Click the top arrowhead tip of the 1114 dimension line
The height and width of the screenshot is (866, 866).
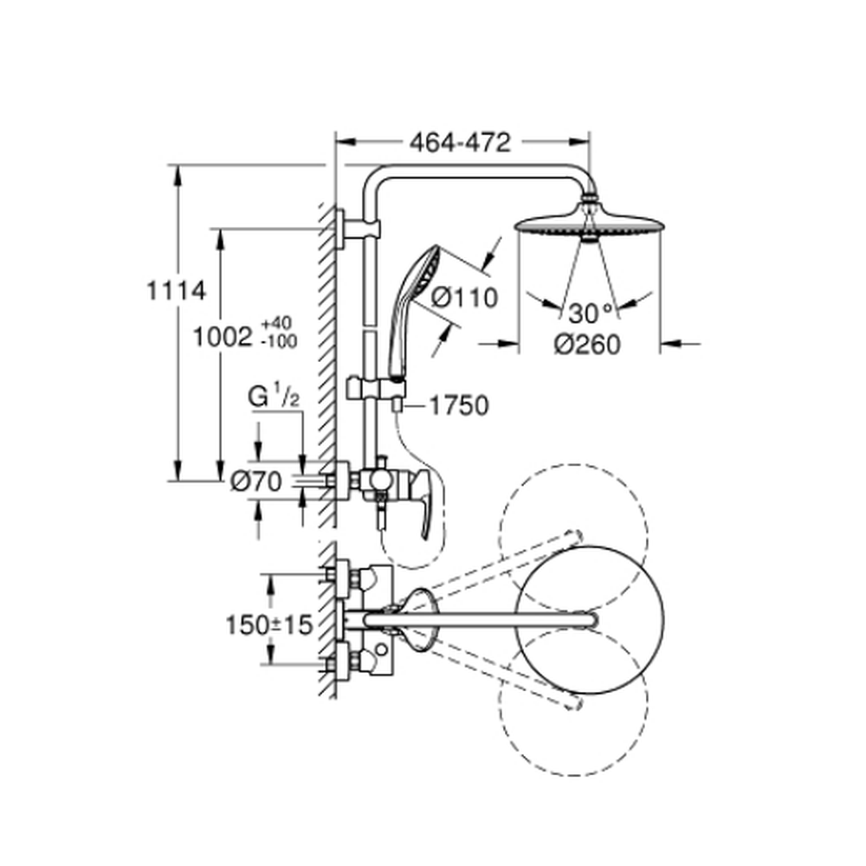point(178,165)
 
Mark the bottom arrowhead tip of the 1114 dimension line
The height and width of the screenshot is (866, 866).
point(178,481)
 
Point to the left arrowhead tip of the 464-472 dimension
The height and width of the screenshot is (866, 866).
point(336,143)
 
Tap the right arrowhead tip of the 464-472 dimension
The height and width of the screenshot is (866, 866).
point(589,143)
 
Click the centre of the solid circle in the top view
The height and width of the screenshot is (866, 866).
point(590,619)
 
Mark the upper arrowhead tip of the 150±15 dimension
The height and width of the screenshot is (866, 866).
point(270,574)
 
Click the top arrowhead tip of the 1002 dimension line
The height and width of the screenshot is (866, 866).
point(220,228)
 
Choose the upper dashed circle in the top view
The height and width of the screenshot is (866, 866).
point(574,539)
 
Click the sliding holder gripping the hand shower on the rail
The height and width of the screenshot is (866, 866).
point(377,389)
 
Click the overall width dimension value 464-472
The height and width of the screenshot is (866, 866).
point(460,143)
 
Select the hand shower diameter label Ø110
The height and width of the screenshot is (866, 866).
point(464,298)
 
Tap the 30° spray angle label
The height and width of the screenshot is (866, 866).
point(591,313)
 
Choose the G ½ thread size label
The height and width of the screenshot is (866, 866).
point(274,397)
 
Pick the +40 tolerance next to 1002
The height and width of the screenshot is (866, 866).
point(277,324)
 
